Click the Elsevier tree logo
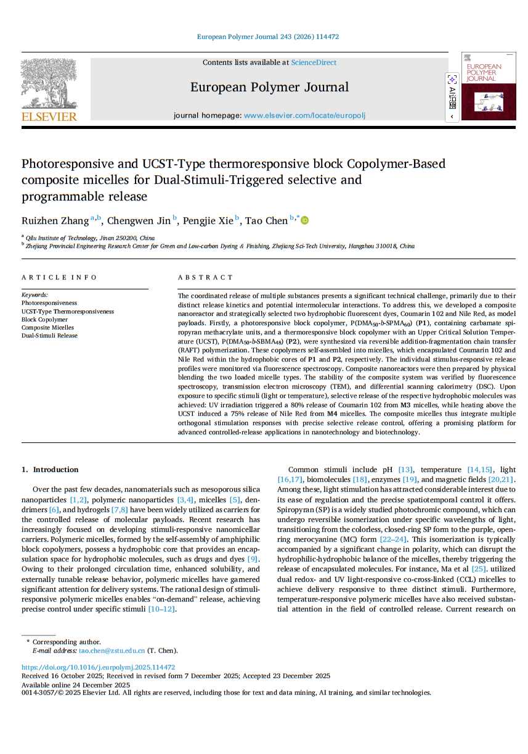(49, 85)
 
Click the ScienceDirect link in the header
(314, 62)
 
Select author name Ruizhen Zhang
(55, 221)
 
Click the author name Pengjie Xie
(208, 221)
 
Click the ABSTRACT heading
(205, 278)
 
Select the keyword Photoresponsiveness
(49, 303)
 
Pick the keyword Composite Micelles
(47, 328)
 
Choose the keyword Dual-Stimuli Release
(49, 336)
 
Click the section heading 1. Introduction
(50, 470)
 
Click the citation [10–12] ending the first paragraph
(162, 609)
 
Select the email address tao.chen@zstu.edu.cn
(112, 650)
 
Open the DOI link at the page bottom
(98, 667)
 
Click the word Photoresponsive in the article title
(68, 164)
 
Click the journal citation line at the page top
(267, 37)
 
